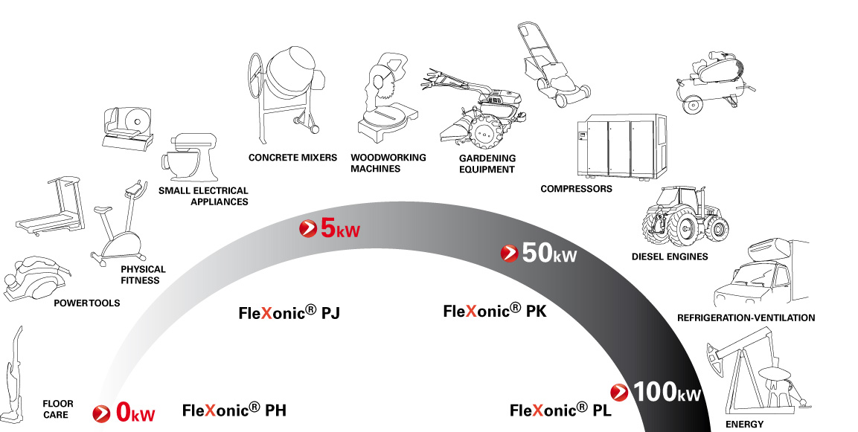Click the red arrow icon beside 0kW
click(x=102, y=413)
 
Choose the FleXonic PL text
click(x=560, y=410)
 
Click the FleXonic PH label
click(x=234, y=410)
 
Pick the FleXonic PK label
click(x=495, y=311)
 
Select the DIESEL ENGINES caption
click(x=670, y=257)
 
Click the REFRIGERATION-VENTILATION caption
click(x=746, y=317)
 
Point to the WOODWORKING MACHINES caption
click(x=388, y=163)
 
